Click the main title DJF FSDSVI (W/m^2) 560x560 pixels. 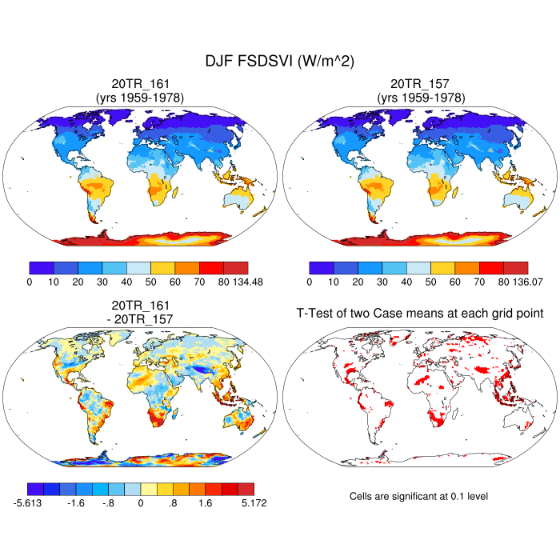280,61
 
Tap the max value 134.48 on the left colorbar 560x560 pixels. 247,282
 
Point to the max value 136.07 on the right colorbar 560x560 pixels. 527,282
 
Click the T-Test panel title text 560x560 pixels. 420,313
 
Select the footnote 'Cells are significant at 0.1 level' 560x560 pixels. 418,496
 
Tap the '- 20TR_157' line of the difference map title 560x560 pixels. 140,319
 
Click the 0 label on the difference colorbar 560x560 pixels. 140,502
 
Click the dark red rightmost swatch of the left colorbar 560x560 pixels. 235,268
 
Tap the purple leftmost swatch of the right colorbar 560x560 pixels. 321,268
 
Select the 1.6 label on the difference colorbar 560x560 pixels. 205,502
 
